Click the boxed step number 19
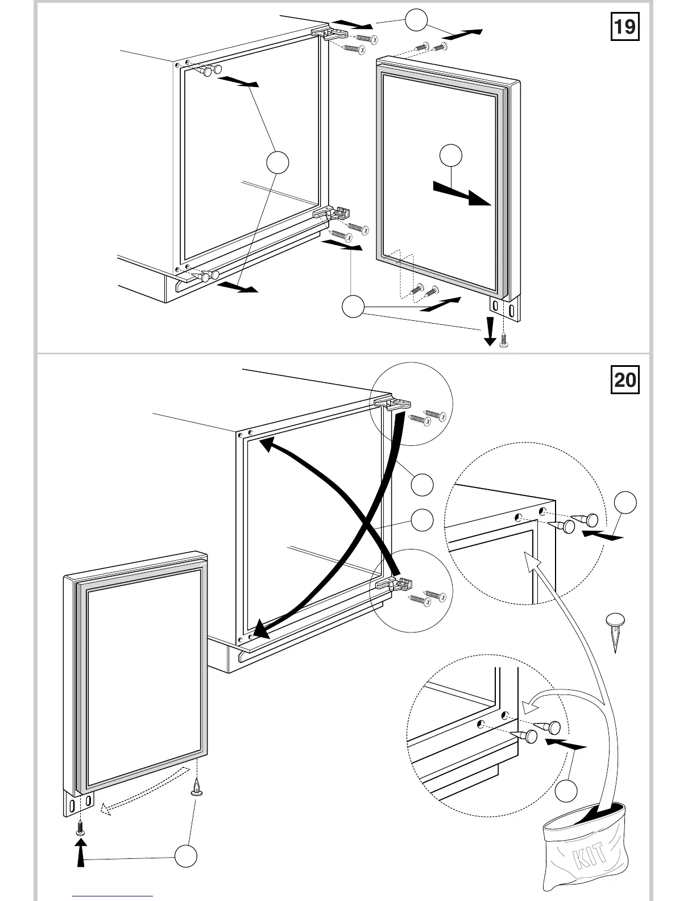coord(625,27)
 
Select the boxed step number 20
coord(625,379)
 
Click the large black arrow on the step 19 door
coord(462,193)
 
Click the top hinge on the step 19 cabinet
coord(330,33)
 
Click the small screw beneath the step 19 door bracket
coord(503,340)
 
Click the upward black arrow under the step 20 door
coord(81,854)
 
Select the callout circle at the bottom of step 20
coord(185,856)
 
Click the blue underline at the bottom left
coord(113,896)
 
